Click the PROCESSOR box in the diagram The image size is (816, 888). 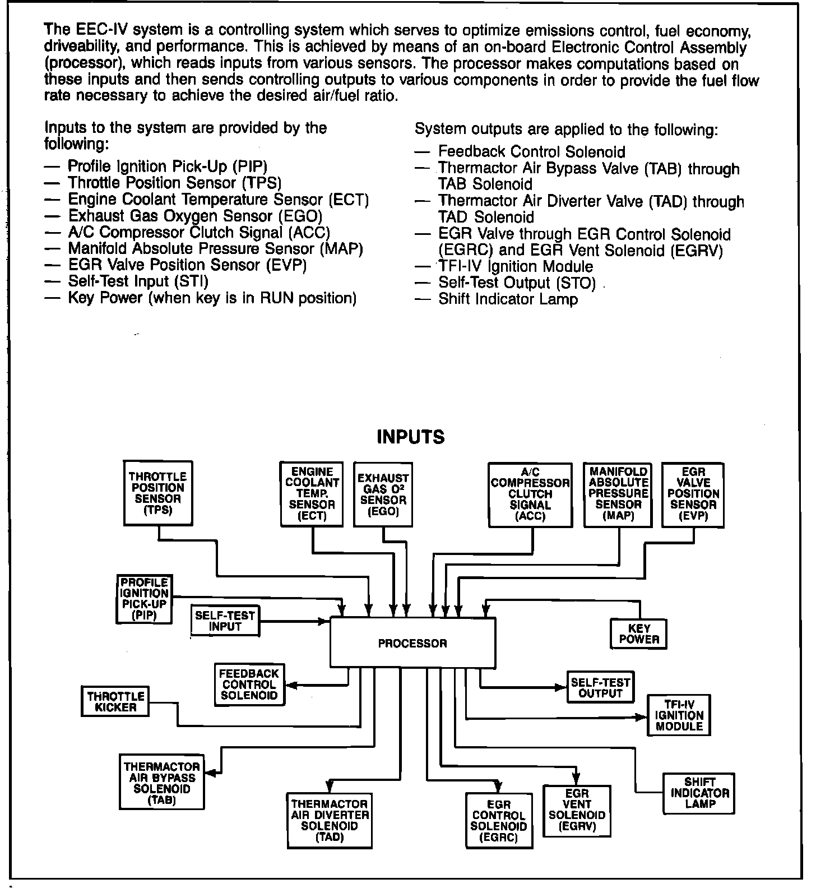point(412,642)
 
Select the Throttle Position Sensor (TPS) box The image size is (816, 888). point(158,493)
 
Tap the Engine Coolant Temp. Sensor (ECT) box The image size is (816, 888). point(312,494)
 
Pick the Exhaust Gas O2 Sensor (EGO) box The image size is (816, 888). point(383,494)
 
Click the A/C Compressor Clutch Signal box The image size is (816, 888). point(530,494)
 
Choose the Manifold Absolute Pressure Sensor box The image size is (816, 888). point(618,494)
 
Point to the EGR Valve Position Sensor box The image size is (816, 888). point(693,494)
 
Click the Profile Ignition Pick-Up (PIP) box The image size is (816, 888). point(144,599)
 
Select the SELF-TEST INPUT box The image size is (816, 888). point(225,621)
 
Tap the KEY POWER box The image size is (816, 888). point(639,634)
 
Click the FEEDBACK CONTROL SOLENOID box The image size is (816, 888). point(249,684)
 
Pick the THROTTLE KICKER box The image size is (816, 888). point(115,701)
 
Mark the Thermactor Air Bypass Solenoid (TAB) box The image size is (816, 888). point(161,783)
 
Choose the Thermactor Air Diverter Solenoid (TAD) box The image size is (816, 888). point(330,820)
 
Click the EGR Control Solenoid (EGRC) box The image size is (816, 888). point(499,821)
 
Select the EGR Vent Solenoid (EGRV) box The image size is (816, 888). point(577,810)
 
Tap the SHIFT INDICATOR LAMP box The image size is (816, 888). point(699,793)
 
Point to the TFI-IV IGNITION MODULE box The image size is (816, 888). point(679,715)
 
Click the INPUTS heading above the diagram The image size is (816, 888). point(411,437)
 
